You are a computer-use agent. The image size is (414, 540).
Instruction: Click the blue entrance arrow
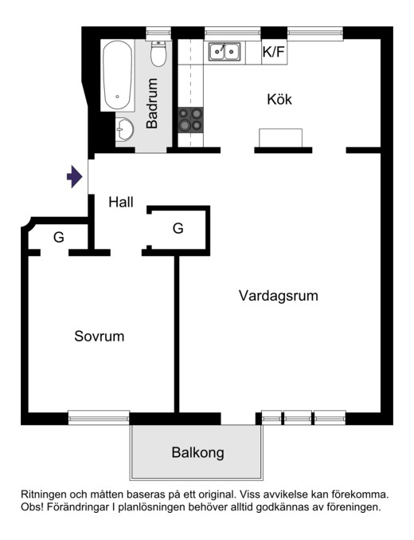(x=75, y=176)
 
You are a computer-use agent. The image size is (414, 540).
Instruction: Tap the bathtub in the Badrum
(x=117, y=76)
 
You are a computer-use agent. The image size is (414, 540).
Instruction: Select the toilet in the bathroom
(x=158, y=54)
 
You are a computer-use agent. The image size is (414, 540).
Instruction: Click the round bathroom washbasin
(x=124, y=129)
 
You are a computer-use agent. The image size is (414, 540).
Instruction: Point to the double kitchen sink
(x=225, y=51)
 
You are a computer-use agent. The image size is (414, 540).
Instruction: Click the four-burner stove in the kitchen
(x=190, y=120)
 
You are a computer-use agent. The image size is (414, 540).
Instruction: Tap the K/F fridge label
(x=274, y=52)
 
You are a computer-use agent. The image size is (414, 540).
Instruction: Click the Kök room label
(x=279, y=99)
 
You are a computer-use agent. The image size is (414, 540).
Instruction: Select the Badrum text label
(x=151, y=104)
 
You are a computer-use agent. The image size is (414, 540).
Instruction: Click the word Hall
(x=121, y=202)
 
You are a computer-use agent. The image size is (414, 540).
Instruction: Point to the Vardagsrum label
(x=279, y=296)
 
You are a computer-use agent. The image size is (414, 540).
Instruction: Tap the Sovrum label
(x=100, y=336)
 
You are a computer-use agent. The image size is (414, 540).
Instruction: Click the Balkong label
(x=197, y=452)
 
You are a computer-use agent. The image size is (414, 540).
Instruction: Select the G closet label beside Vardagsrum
(x=178, y=228)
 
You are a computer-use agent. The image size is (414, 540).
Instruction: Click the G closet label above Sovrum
(x=59, y=237)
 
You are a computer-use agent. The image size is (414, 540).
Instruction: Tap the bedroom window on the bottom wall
(x=99, y=417)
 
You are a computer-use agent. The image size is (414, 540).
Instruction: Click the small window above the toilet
(x=158, y=34)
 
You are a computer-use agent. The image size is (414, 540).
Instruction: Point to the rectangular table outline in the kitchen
(x=281, y=138)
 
